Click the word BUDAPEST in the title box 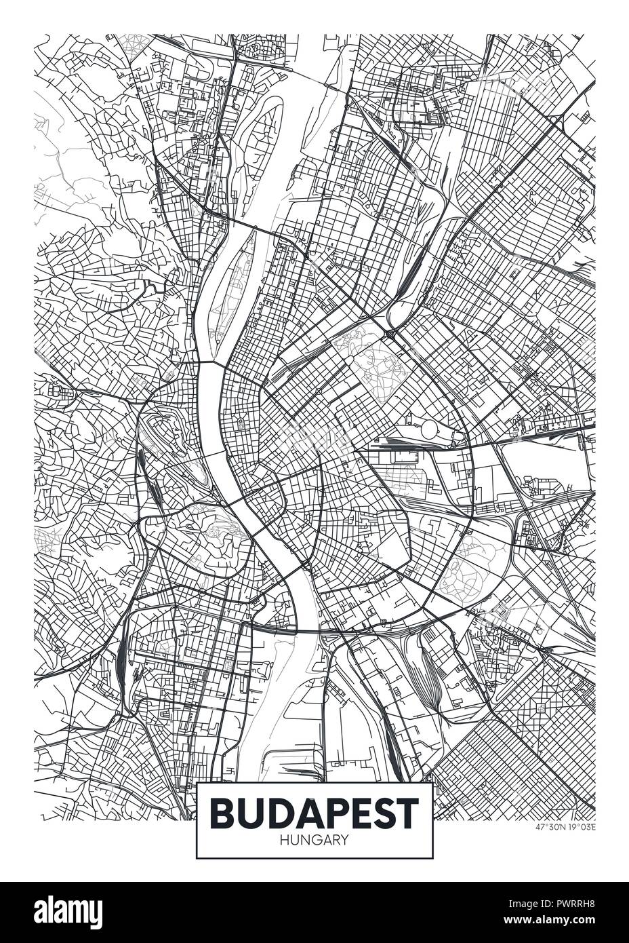(x=314, y=813)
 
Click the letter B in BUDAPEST (x=222, y=813)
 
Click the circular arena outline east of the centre (x=429, y=429)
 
